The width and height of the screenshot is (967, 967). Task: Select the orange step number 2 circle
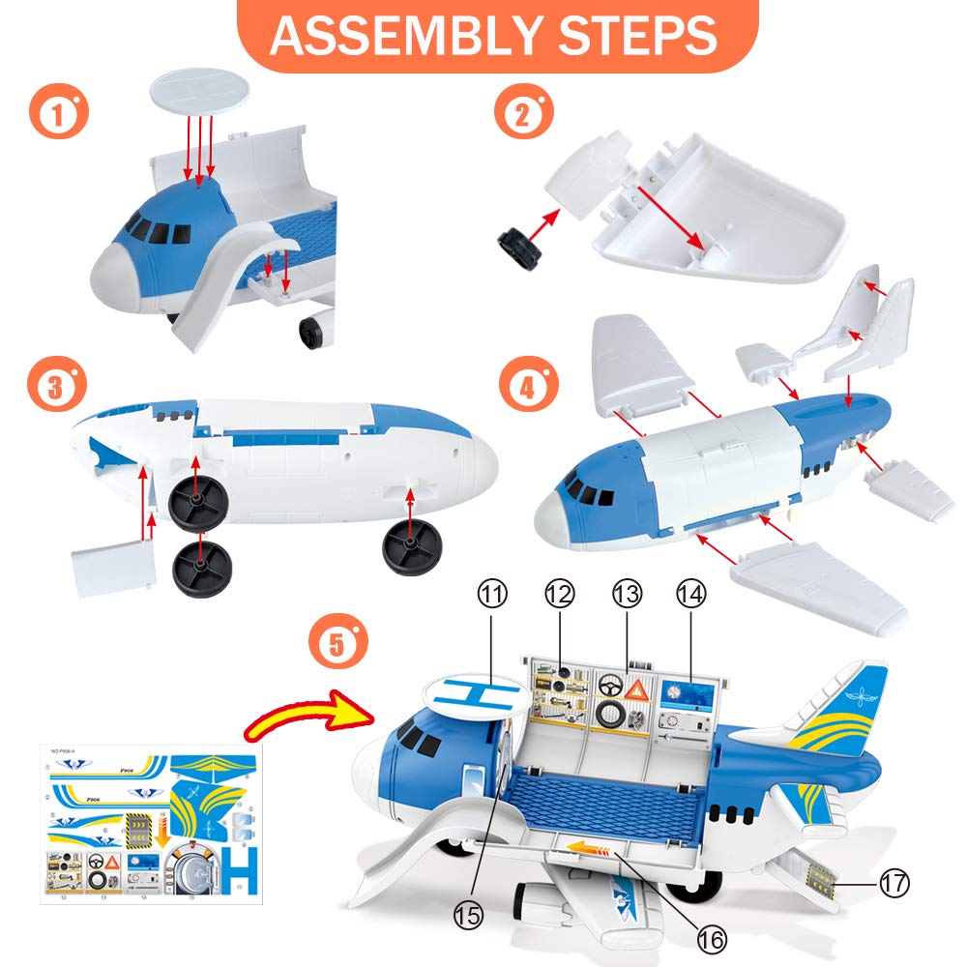519,114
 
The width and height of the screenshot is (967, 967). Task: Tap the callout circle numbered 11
494,593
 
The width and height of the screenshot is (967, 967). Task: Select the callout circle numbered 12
560,593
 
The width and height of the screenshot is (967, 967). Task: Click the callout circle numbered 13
627,593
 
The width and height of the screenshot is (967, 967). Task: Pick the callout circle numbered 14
691,593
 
